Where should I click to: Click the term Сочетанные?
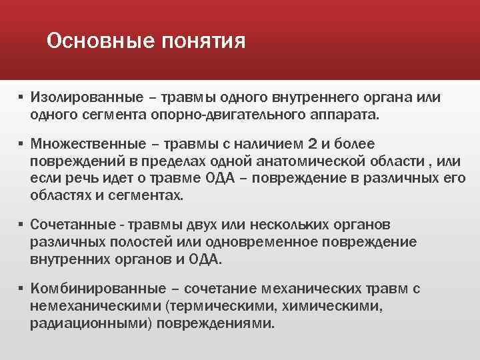(x=69, y=224)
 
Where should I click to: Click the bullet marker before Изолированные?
(x=21, y=97)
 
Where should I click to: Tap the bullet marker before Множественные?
(x=21, y=144)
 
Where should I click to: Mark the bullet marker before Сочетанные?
(x=21, y=224)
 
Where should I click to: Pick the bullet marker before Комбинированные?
(x=21, y=289)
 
